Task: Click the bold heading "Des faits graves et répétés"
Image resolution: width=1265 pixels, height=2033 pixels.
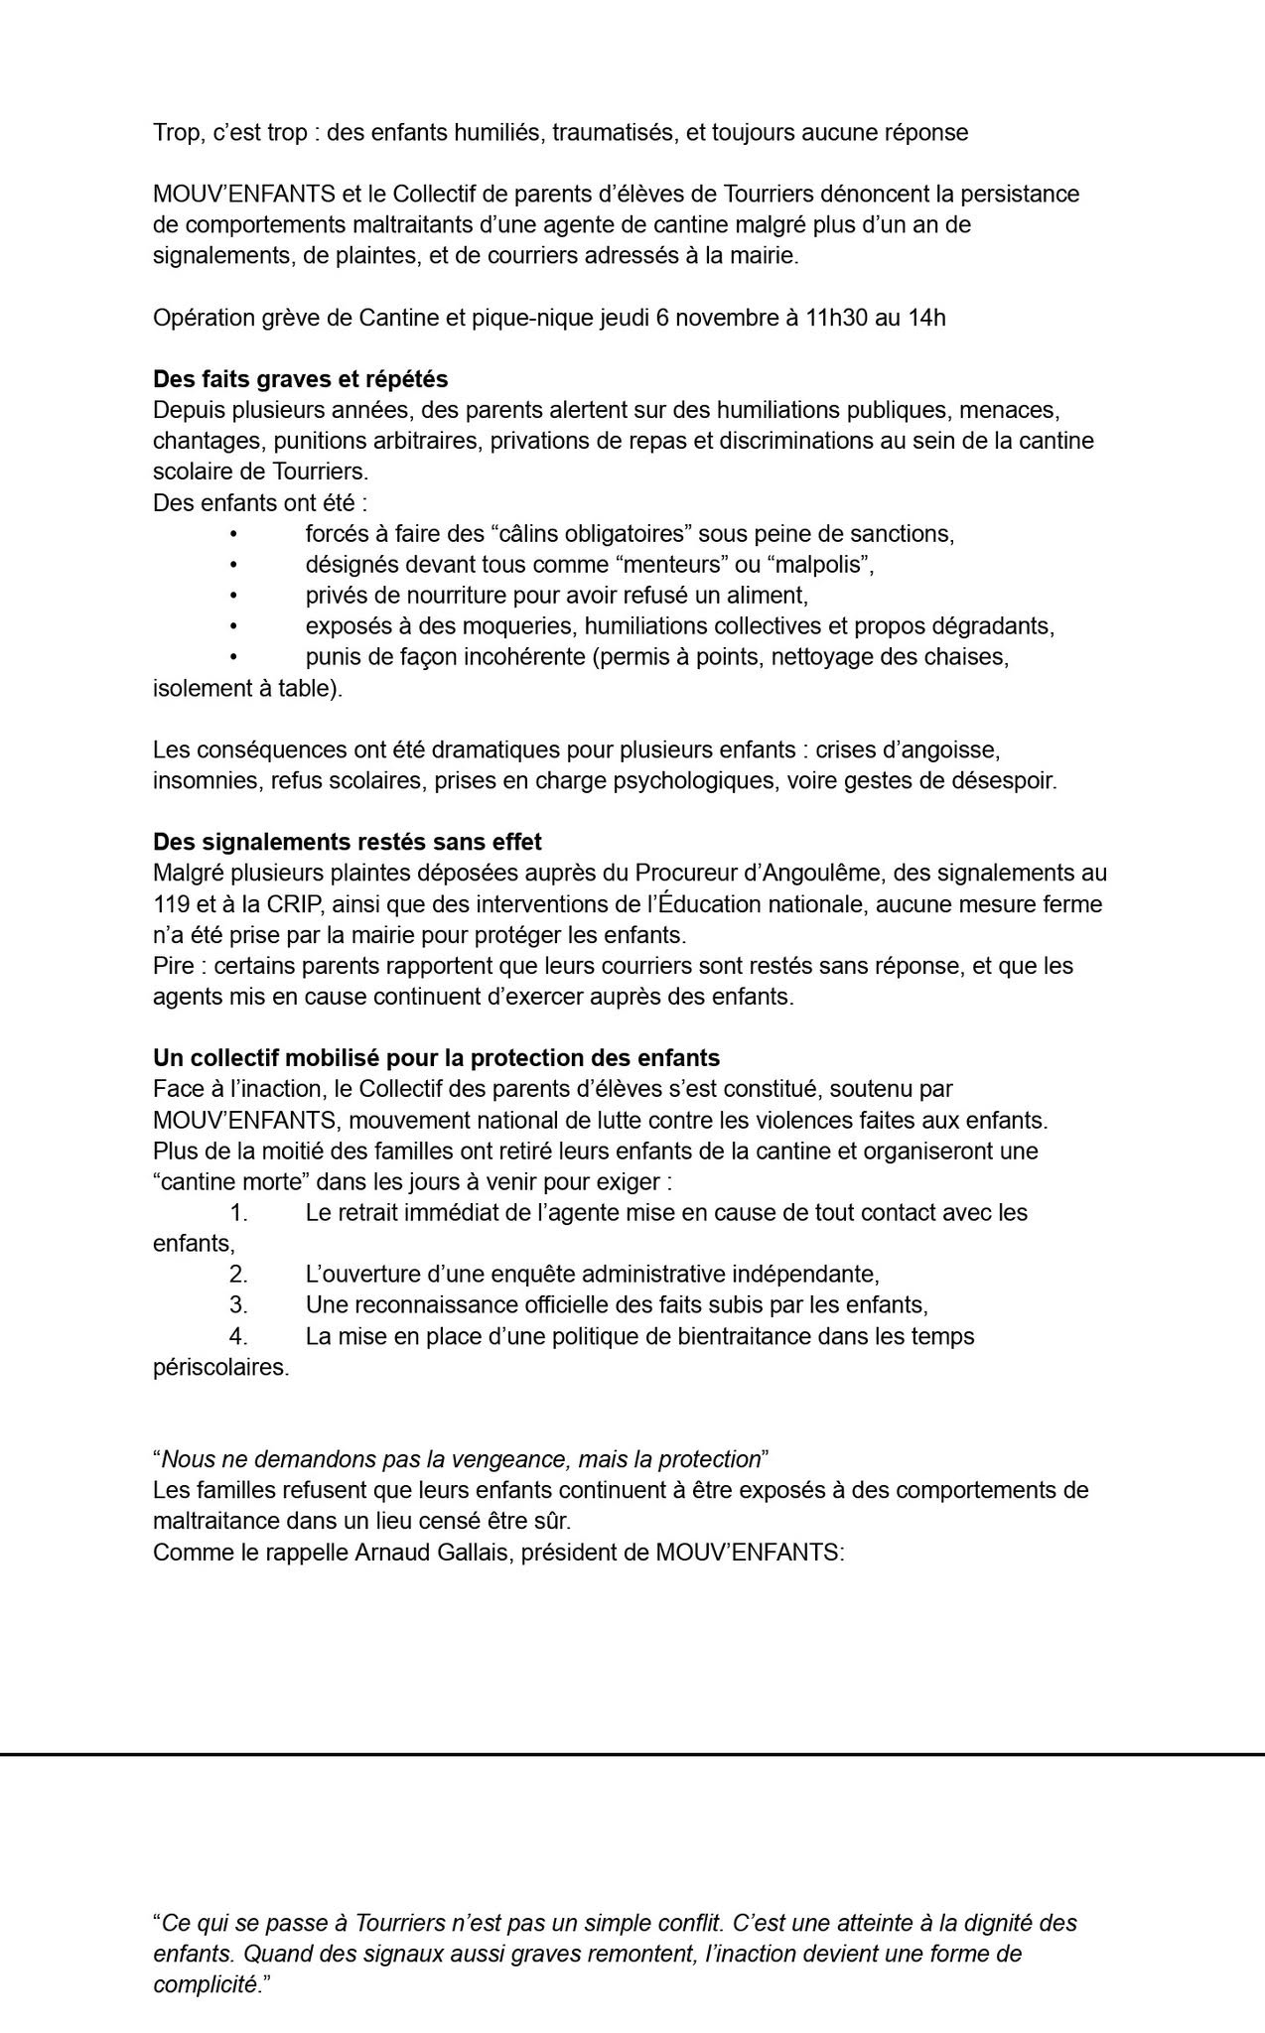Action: (x=300, y=379)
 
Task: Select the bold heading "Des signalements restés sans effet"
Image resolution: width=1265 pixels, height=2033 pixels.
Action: (x=347, y=842)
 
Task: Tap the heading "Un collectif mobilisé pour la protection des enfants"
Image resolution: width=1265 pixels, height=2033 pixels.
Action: (x=436, y=1058)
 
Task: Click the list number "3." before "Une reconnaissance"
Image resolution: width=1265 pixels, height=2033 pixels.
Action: (x=238, y=1304)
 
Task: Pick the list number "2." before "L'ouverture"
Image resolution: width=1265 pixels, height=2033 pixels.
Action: (x=238, y=1274)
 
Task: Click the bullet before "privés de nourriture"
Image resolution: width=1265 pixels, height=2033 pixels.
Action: (x=233, y=596)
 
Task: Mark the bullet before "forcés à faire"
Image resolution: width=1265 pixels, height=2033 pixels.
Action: (x=233, y=534)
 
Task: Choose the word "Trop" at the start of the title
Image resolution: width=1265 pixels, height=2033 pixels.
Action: (x=175, y=132)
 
